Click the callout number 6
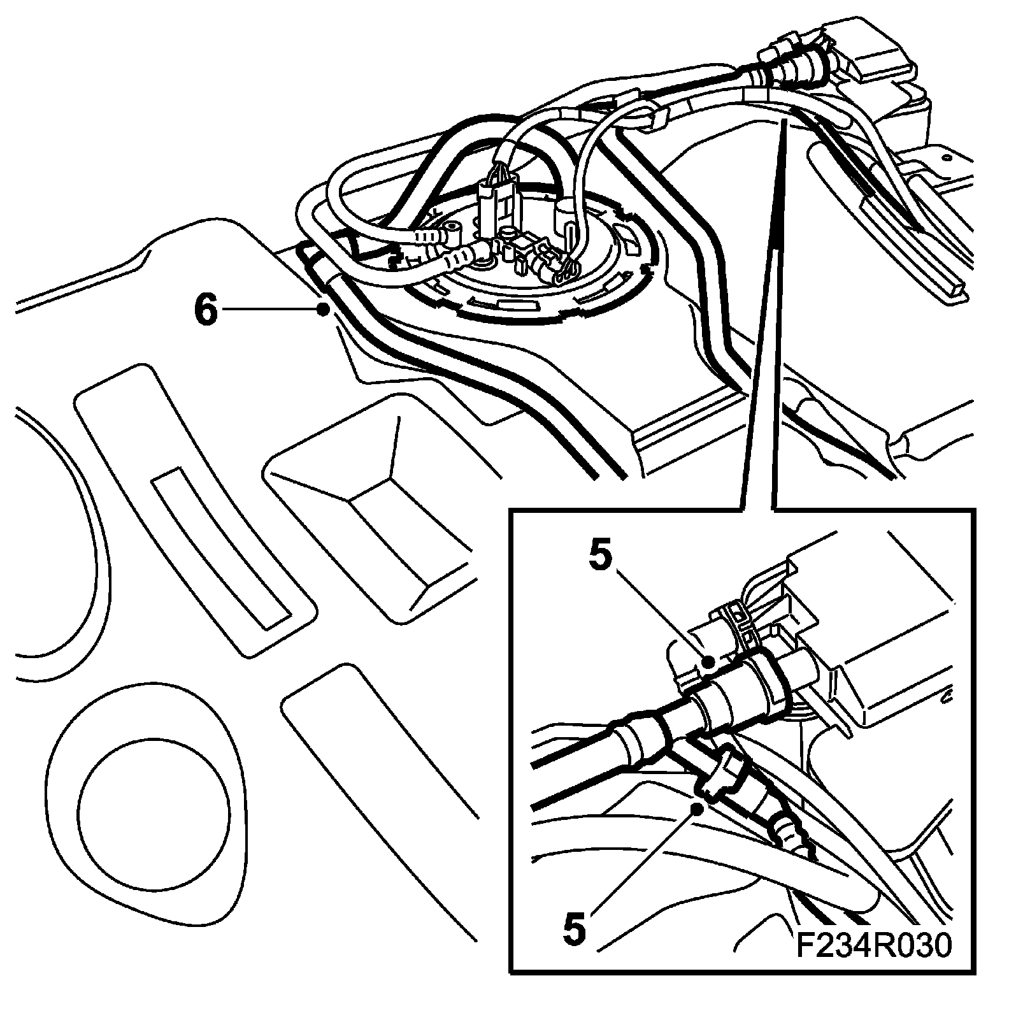click(x=206, y=310)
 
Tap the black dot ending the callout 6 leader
click(x=324, y=310)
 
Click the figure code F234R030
click(x=874, y=963)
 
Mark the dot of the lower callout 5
click(x=699, y=808)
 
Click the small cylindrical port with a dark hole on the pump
click(x=454, y=228)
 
